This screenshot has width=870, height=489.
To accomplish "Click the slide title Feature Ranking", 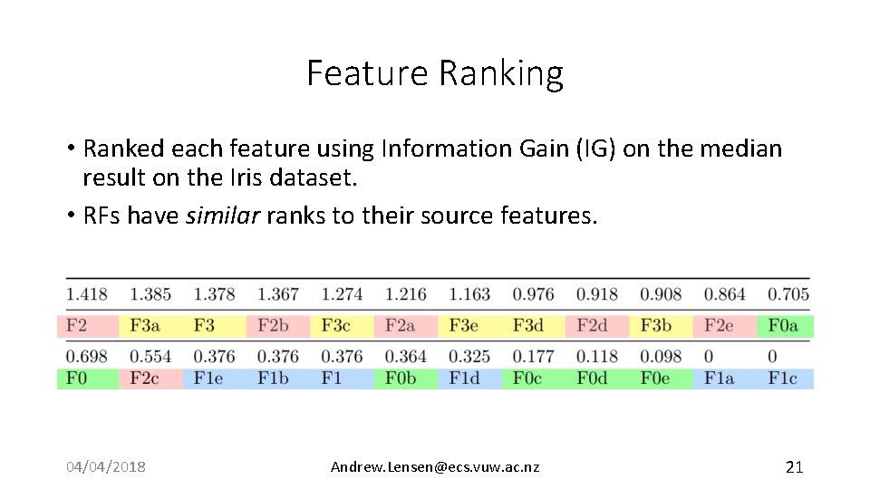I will pyautogui.click(x=435, y=73).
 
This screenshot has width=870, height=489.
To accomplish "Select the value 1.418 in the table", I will pyautogui.click(x=86, y=294).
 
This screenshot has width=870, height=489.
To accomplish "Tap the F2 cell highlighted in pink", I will pyautogui.click(x=77, y=326).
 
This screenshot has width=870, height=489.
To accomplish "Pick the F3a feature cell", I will pyautogui.click(x=146, y=326).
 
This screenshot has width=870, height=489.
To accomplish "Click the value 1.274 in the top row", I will pyautogui.click(x=342, y=294).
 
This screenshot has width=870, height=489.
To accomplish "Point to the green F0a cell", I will pyautogui.click(x=784, y=326).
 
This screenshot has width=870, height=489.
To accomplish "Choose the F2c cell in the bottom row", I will pyautogui.click(x=144, y=378).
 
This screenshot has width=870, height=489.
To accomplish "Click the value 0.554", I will pyautogui.click(x=150, y=356).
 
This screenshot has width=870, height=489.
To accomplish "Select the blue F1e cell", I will pyautogui.click(x=208, y=378).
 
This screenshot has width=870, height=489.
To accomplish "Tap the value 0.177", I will pyautogui.click(x=533, y=356).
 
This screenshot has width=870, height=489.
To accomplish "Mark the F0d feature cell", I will pyautogui.click(x=592, y=378).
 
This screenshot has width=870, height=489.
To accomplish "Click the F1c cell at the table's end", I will pyautogui.click(x=783, y=378).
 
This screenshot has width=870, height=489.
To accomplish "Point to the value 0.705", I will pyautogui.click(x=788, y=294).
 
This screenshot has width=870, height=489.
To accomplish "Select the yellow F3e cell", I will pyautogui.click(x=465, y=326).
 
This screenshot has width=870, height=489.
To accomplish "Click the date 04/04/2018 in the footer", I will pyautogui.click(x=106, y=467).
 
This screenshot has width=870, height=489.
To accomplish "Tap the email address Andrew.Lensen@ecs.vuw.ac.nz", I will pyautogui.click(x=435, y=467).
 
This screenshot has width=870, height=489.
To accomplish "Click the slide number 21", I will pyautogui.click(x=794, y=467).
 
